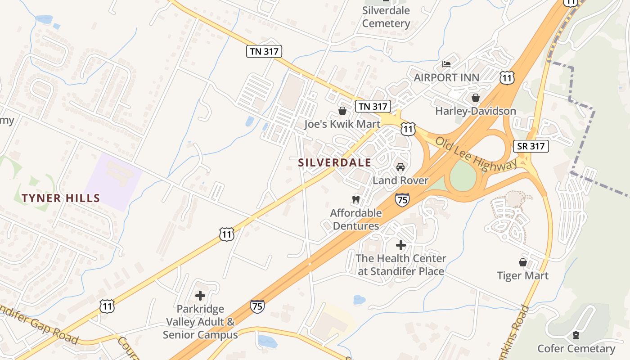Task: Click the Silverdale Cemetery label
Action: coord(386,17)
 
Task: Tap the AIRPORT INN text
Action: coord(446,77)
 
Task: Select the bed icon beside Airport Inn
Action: coord(446,64)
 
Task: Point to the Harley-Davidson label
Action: coord(476,111)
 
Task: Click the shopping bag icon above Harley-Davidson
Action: coord(476,98)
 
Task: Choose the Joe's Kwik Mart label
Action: coord(342,124)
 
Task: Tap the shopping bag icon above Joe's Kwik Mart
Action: coord(342,111)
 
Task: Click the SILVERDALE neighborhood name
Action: coord(335,162)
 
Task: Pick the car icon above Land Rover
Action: coord(400,167)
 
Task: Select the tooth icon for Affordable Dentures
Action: coord(355,199)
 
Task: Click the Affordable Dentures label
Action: coord(355,219)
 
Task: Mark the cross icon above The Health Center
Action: coord(400,245)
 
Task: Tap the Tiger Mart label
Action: coord(523,275)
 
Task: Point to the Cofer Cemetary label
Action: coord(576,348)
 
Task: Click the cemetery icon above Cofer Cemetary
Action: coord(576,335)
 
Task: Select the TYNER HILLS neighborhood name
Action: coord(61,198)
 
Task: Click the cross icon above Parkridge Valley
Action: coord(200,296)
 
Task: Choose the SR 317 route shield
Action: coord(531,146)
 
